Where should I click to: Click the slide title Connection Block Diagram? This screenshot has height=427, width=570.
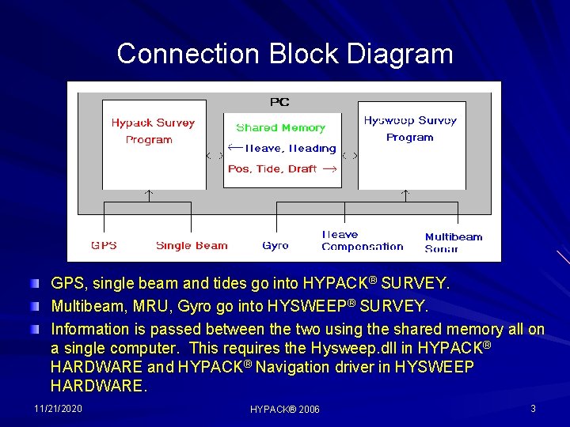(x=285, y=54)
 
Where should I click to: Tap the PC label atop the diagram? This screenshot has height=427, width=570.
(x=279, y=101)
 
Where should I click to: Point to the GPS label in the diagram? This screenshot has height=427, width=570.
(x=104, y=245)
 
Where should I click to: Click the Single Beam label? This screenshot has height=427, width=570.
(x=192, y=245)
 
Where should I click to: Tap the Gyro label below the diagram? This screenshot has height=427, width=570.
(x=275, y=245)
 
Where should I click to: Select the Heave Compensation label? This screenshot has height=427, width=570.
(x=362, y=240)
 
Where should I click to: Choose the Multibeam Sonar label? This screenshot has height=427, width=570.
(x=453, y=242)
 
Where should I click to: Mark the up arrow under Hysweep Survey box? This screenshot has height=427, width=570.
(x=405, y=193)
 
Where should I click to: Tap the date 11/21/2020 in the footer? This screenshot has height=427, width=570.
(x=58, y=408)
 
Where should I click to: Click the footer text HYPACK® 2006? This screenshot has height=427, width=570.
(x=285, y=409)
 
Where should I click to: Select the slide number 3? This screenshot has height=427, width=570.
(x=533, y=408)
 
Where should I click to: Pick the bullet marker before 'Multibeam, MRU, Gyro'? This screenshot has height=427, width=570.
(x=34, y=305)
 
